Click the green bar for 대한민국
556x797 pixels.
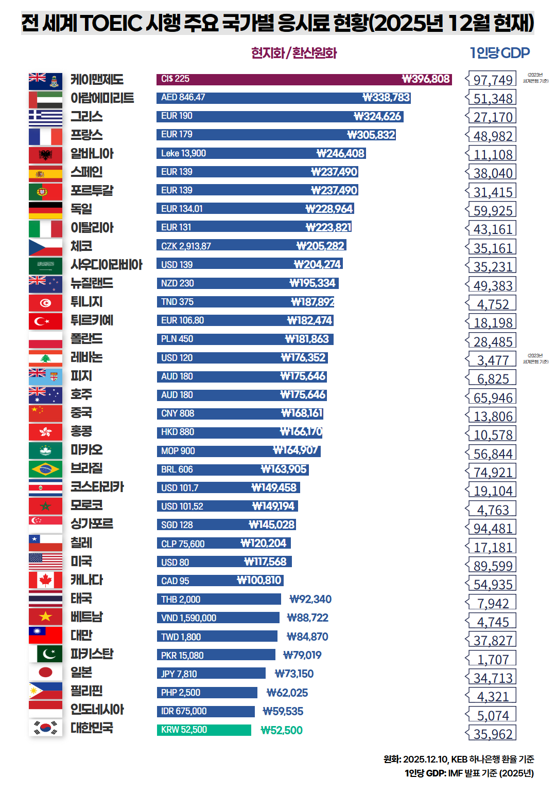204,730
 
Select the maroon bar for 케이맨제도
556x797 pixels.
304,79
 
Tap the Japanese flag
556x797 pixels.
45,673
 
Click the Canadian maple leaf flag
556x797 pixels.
45,580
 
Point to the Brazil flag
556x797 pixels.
45,469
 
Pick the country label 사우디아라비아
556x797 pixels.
107,265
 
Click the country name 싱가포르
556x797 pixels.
92,524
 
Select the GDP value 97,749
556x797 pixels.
493,80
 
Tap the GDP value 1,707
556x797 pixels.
493,659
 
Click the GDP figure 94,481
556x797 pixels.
493,529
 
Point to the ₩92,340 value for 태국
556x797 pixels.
310,600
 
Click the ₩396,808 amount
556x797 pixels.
426,79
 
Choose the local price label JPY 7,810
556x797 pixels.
179,674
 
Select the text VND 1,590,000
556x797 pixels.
188,618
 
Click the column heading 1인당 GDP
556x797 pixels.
499,53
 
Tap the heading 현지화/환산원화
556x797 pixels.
294,53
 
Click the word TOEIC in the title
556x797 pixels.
111,23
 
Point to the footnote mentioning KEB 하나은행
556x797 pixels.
459,759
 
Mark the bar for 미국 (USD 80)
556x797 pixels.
224,562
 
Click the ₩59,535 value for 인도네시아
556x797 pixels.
283,712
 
